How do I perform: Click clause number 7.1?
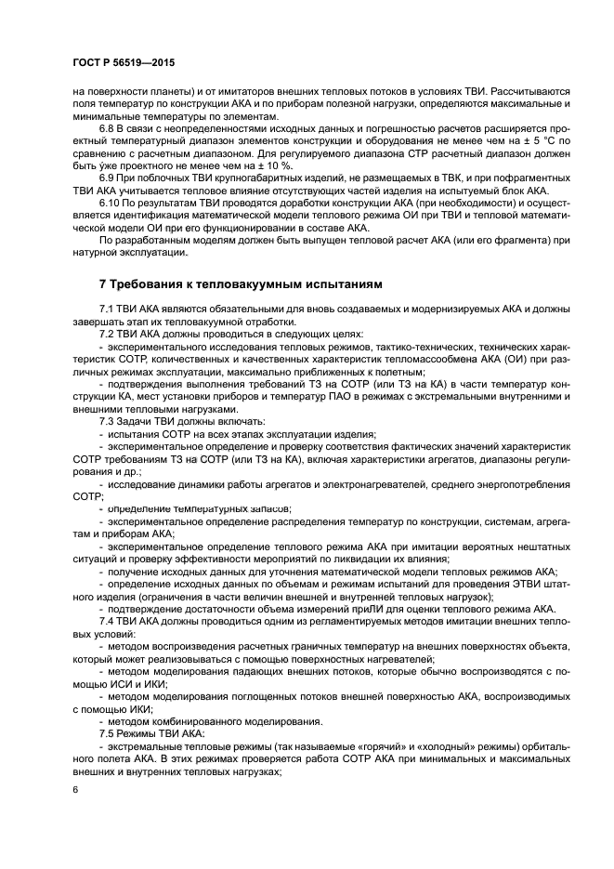109,308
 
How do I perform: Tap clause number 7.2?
109,333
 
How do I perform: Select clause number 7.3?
109,422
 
